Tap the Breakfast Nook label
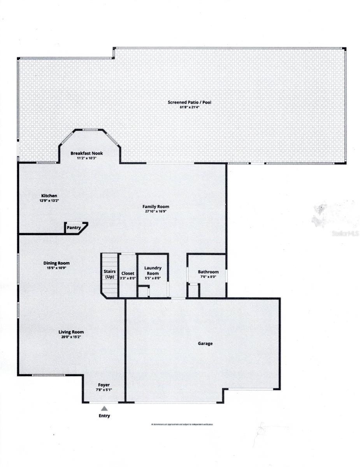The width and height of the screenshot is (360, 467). pos(86,153)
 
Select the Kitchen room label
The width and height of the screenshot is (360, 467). pos(49,195)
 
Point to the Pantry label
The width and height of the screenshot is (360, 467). pos(74,228)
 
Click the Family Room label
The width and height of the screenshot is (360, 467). pos(156,207)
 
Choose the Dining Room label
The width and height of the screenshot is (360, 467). pos(56,263)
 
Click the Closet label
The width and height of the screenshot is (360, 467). pos(128,274)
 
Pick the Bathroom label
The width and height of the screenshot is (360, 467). pos(208,272)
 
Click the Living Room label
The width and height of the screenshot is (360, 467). pos(71,332)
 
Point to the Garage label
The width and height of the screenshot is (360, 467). pos(205,344)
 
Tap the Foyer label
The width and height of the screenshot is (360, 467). pos(104,385)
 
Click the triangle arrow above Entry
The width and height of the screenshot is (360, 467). pos(104,408)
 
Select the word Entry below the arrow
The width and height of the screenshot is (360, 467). pos(104,416)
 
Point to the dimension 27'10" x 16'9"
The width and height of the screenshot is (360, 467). pos(156,212)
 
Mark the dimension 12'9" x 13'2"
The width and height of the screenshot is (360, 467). pos(50,200)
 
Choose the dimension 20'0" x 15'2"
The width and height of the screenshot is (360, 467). pos(71,337)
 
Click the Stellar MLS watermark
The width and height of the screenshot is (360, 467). pos(344,234)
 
